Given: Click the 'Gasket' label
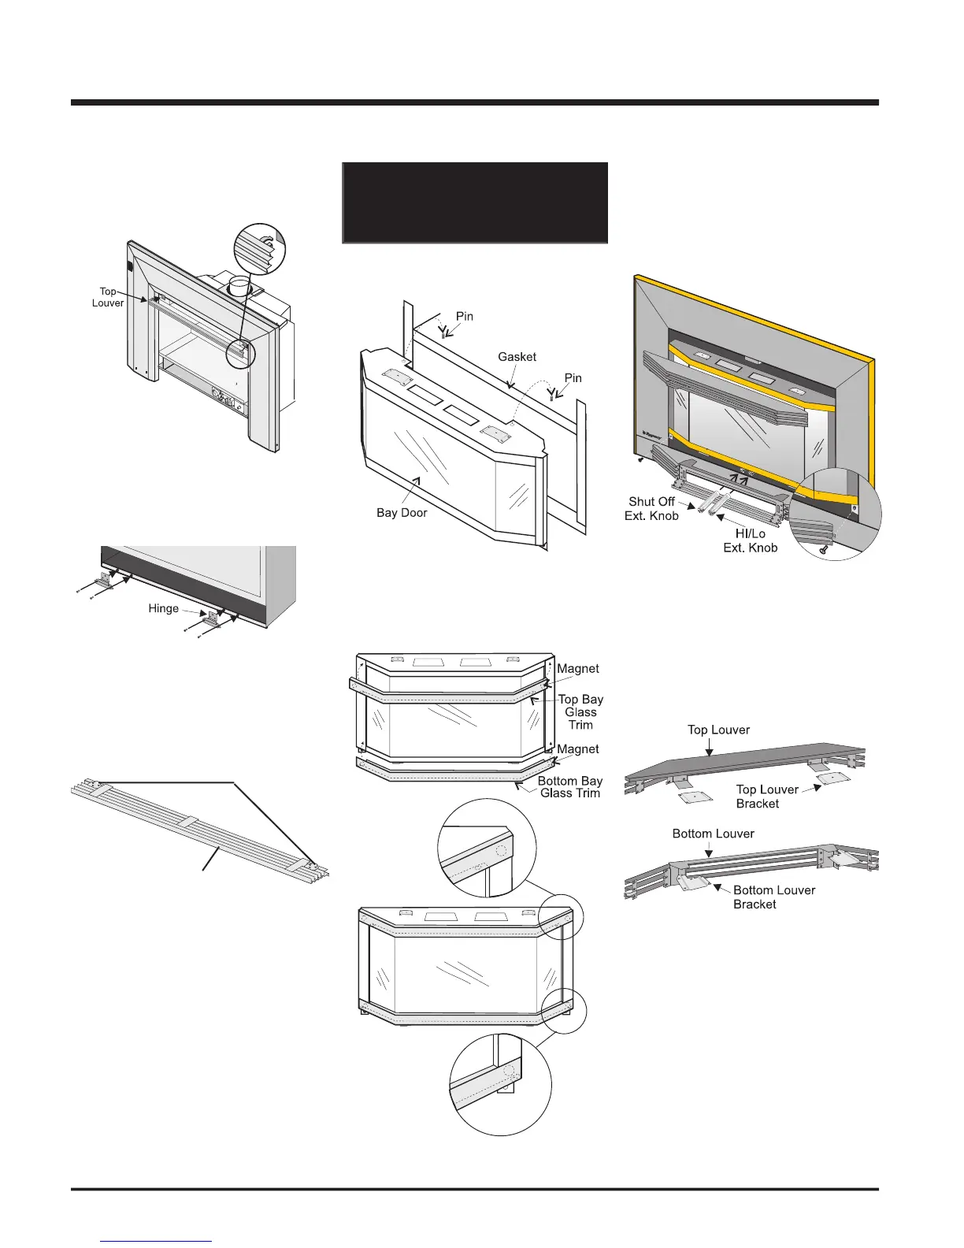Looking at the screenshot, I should pos(517,357).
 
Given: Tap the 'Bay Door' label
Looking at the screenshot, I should pos(402,513).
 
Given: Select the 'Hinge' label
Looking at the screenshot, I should pos(163,608).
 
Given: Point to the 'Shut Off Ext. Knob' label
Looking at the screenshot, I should pos(653,509).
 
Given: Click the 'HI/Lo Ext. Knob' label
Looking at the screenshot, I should pos(750,540).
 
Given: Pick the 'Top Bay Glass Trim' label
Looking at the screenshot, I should pos(580,711).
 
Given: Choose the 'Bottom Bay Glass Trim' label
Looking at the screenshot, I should pos(569,787).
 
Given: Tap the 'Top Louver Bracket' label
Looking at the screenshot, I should pos(766,797).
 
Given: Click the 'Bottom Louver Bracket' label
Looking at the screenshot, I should pos(773,897).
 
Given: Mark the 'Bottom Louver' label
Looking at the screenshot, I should pos(713,834).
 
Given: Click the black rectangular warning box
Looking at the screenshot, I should pos(475,202).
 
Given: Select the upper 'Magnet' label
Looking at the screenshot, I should pos(578,669).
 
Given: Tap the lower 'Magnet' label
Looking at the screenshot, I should pos(578,749).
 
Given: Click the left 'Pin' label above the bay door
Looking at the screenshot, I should pos(465,317).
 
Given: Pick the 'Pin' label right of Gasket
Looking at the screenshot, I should pos(573,378).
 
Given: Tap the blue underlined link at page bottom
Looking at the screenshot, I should pos(157,1242).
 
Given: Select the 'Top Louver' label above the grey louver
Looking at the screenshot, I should pos(718,730).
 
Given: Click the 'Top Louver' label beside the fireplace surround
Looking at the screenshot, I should pos(109,297).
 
